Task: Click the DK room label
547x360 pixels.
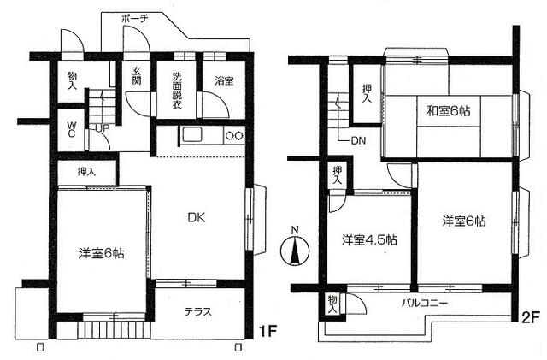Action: pos(197,218)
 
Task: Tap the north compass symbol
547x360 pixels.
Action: pos(295,249)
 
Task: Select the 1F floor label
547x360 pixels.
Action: pos(267,331)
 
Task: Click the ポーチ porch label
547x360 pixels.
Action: pos(135,19)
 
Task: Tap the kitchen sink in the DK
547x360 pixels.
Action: pos(191,134)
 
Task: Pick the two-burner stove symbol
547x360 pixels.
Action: pos(234,135)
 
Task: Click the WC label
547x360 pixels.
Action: pos(71,129)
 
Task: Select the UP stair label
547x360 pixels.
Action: pos(103,128)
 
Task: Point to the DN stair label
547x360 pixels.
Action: pos(358,141)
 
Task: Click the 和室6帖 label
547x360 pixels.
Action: pos(449,111)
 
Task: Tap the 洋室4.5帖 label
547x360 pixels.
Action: pos(368,240)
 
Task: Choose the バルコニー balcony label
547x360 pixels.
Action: pos(425,303)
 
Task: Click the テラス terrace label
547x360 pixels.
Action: pos(197,311)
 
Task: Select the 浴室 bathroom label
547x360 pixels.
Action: pos(224,81)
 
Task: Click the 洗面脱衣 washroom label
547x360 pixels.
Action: pos(177,90)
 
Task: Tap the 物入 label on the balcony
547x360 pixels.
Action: pos(332,304)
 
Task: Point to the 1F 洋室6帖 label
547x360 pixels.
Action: pos(101,253)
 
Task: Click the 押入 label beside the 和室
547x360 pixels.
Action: pos(367,93)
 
